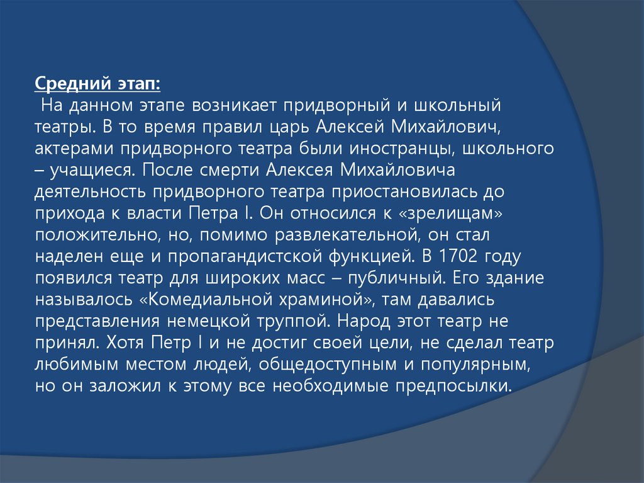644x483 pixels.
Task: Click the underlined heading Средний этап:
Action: pyautogui.click(x=97, y=84)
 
